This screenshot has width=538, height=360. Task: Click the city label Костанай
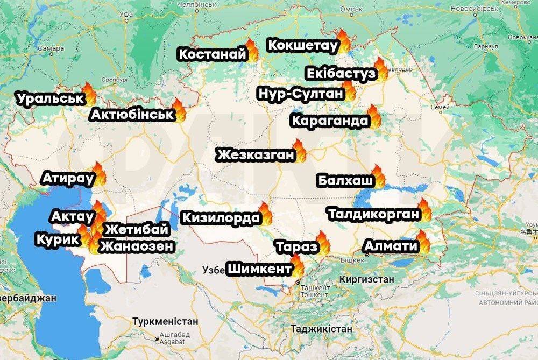coord(212,54)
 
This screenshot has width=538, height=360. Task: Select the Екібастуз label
coord(341,74)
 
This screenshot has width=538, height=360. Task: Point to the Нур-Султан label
coord(300,94)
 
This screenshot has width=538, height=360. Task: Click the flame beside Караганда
coord(374,116)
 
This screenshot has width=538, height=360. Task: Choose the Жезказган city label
coord(256,156)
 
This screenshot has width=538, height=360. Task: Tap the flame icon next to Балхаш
coord(378,176)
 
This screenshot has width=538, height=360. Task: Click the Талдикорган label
coord(373,214)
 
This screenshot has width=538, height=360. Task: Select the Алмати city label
coord(391,246)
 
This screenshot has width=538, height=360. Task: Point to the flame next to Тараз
coord(323,242)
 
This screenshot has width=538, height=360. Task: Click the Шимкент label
coord(259,269)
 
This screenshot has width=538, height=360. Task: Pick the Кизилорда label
coord(221,218)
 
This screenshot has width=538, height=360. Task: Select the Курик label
coord(57,239)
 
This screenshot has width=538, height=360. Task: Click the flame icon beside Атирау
coord(100,174)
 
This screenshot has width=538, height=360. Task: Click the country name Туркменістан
coord(165,321)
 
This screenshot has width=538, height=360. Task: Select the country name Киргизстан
coord(367,280)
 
